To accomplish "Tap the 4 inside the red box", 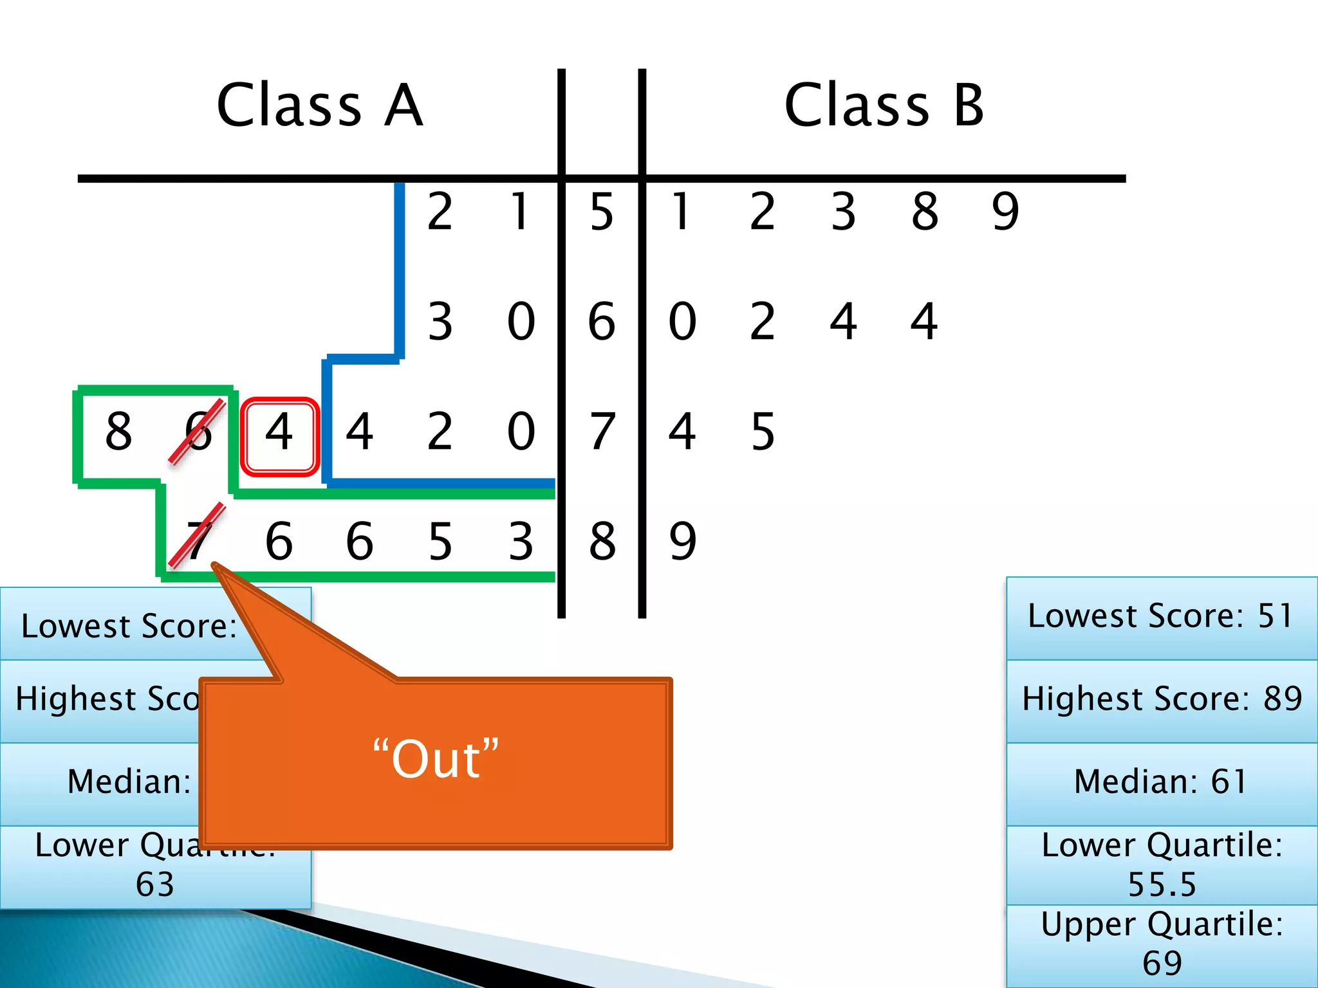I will click(279, 432).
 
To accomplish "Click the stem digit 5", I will click(602, 212).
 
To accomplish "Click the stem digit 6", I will click(602, 322).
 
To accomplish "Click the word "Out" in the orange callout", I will click(436, 760).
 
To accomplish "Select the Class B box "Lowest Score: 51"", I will click(1161, 616).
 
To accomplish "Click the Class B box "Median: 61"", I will click(1161, 782).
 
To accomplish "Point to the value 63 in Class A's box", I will click(155, 884).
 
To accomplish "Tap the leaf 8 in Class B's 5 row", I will click(925, 212).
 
